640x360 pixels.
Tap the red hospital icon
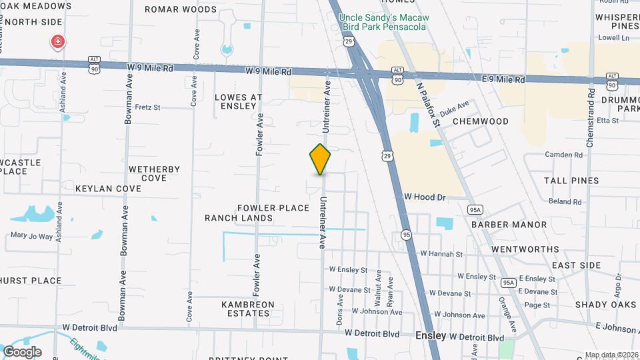click(x=58, y=43)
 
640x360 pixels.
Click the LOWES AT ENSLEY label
click(x=239, y=101)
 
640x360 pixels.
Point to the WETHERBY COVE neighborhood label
click(x=154, y=173)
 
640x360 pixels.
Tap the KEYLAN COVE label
click(x=108, y=189)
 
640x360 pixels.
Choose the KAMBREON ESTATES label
click(x=248, y=309)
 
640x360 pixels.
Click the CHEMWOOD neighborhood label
click(x=480, y=121)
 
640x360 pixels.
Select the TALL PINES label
click(x=571, y=181)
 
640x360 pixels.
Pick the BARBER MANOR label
click(x=509, y=225)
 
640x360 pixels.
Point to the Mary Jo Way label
click(x=31, y=236)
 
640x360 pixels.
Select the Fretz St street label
click(x=147, y=107)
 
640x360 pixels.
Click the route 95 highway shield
click(x=406, y=235)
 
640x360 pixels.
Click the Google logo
click(x=22, y=351)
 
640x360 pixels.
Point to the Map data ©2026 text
click(x=610, y=355)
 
